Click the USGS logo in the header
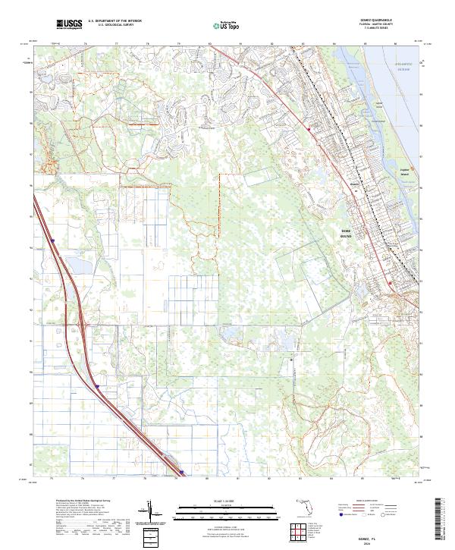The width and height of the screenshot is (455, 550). (x=69, y=25)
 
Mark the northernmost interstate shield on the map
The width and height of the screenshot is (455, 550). (x=55, y=241)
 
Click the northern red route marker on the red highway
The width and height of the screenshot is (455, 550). (x=309, y=130)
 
